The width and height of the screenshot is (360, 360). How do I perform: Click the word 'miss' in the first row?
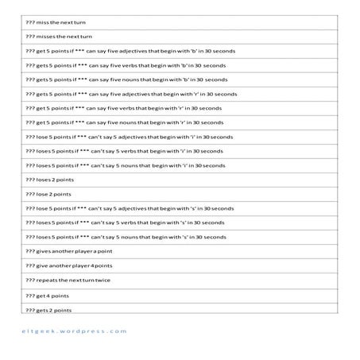point(43,23)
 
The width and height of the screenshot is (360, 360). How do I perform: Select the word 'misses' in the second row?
point(45,37)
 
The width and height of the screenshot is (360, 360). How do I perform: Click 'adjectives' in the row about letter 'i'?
point(141,137)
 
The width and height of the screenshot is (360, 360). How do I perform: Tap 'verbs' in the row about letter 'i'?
point(138,151)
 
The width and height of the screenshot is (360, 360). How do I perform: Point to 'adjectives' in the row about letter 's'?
point(141,208)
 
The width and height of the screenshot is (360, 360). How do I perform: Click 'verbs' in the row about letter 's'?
point(138,223)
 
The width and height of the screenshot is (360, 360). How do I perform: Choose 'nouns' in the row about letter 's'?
point(139,237)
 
